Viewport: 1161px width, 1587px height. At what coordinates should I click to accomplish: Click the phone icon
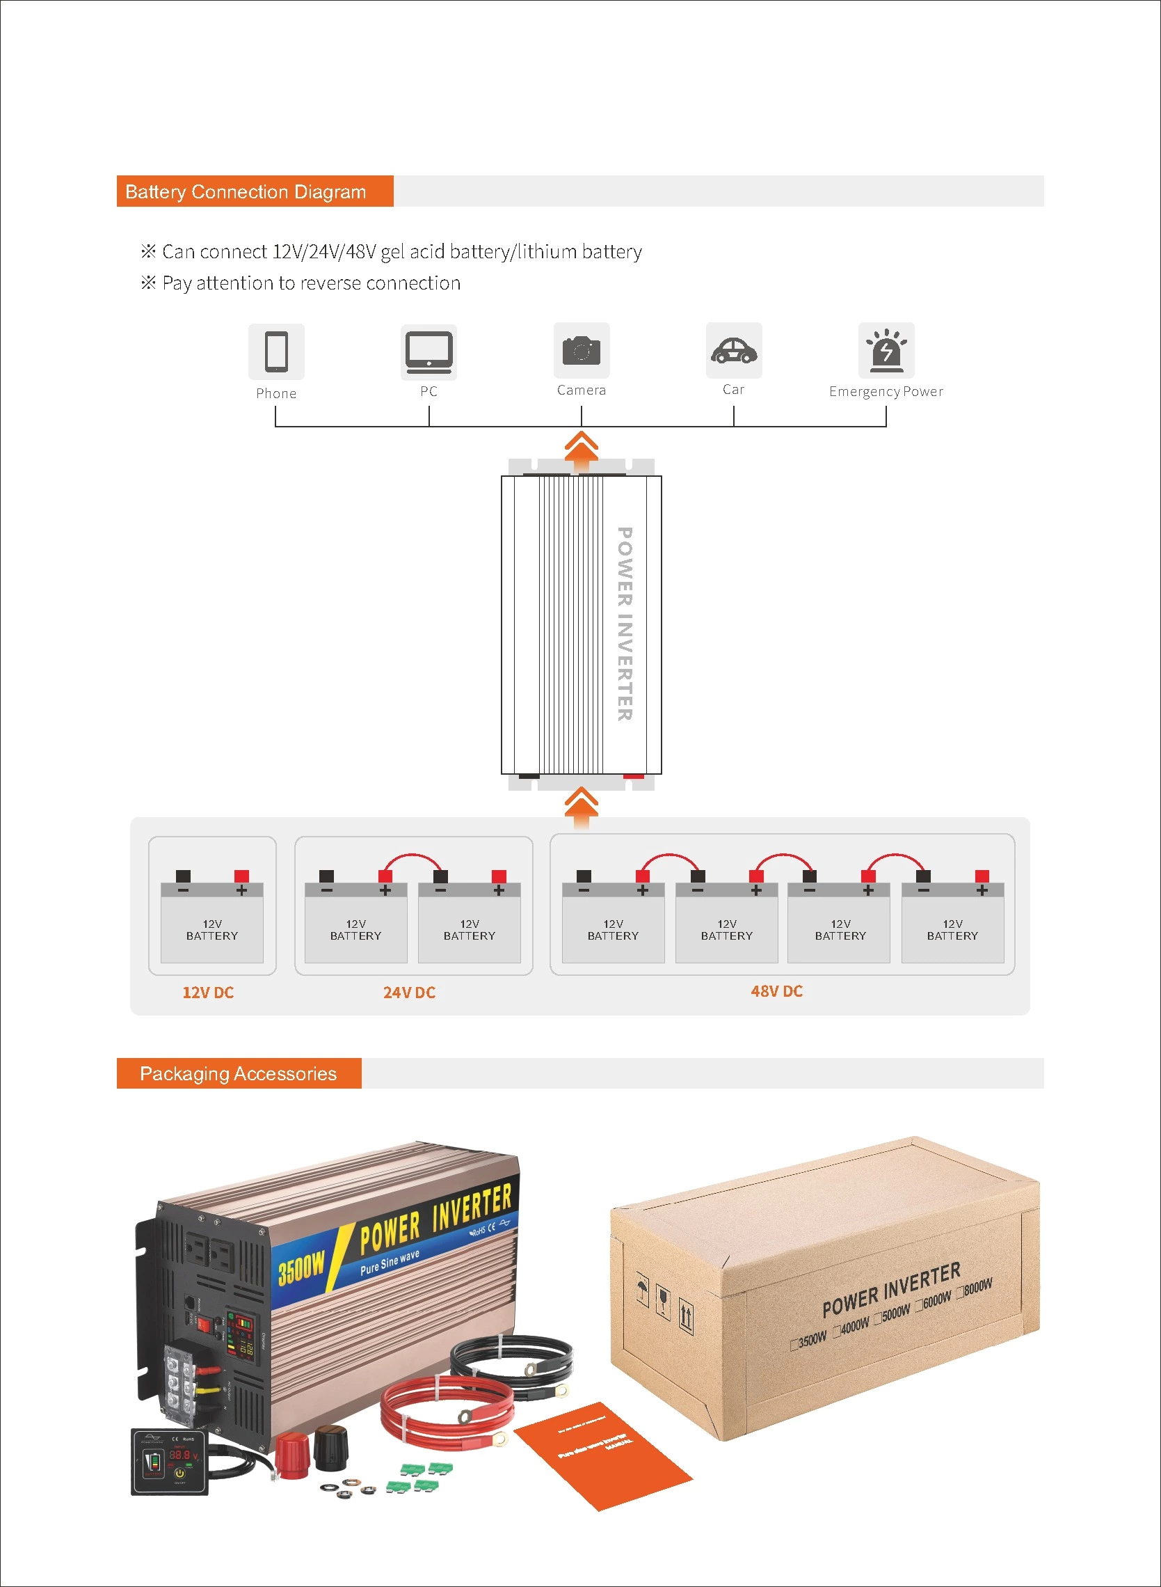[276, 351]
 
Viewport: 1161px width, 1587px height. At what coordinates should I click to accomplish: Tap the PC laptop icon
[429, 352]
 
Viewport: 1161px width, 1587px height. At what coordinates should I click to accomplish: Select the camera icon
[582, 350]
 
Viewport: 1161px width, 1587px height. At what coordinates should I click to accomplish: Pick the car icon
[734, 350]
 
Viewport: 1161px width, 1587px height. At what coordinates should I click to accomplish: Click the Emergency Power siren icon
[886, 350]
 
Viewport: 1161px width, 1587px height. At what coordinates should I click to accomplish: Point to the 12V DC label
[208, 992]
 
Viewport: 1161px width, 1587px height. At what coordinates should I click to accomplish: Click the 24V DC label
[409, 992]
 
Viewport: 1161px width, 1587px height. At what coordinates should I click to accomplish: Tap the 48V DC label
[776, 990]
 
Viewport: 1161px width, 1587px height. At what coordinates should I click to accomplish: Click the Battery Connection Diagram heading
[246, 192]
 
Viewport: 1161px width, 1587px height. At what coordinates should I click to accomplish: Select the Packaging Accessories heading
[238, 1074]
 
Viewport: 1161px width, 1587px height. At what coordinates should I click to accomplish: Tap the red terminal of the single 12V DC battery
[241, 876]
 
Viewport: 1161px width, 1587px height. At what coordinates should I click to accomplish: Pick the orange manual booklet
[603, 1454]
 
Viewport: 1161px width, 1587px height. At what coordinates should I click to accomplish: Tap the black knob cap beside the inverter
[330, 1446]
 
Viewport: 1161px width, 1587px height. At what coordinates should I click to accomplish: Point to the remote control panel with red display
[169, 1462]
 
